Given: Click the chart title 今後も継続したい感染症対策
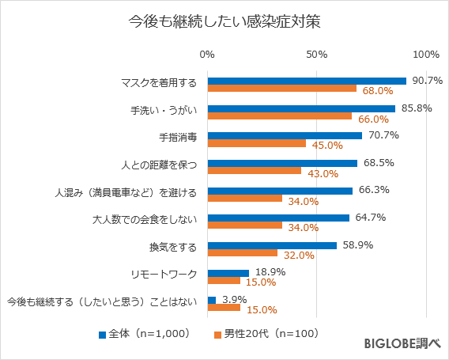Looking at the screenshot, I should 224,22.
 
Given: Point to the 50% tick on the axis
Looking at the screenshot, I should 317,55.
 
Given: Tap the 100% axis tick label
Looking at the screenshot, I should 426,55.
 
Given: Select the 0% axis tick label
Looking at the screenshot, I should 207,55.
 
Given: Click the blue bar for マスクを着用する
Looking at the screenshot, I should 307,81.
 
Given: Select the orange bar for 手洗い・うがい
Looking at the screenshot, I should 279,116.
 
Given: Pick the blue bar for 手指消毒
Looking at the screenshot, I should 285,135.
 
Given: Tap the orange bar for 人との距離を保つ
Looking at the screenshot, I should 254,170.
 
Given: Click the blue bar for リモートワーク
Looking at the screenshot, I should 228,272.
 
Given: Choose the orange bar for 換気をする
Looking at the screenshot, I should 242,252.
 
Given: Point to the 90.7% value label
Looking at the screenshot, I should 427,81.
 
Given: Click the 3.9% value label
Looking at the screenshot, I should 235,300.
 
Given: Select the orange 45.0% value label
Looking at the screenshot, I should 327,146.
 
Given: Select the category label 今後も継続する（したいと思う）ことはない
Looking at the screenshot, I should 100,301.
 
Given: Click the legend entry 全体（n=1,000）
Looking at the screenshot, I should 143,334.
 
